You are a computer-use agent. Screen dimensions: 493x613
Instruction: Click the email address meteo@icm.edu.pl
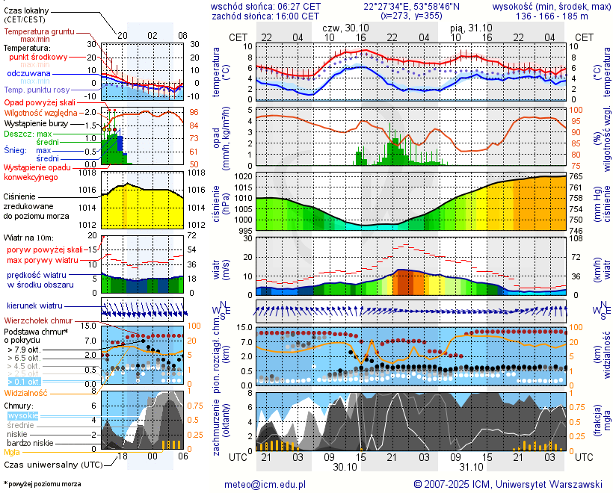(265, 484)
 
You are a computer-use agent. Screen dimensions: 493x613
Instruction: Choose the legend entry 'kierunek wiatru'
(34, 306)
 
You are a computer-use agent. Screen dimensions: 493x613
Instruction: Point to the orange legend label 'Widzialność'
(26, 392)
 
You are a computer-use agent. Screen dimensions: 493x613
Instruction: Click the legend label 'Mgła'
(12, 452)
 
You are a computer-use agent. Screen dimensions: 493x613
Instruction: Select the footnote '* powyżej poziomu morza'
(42, 484)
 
